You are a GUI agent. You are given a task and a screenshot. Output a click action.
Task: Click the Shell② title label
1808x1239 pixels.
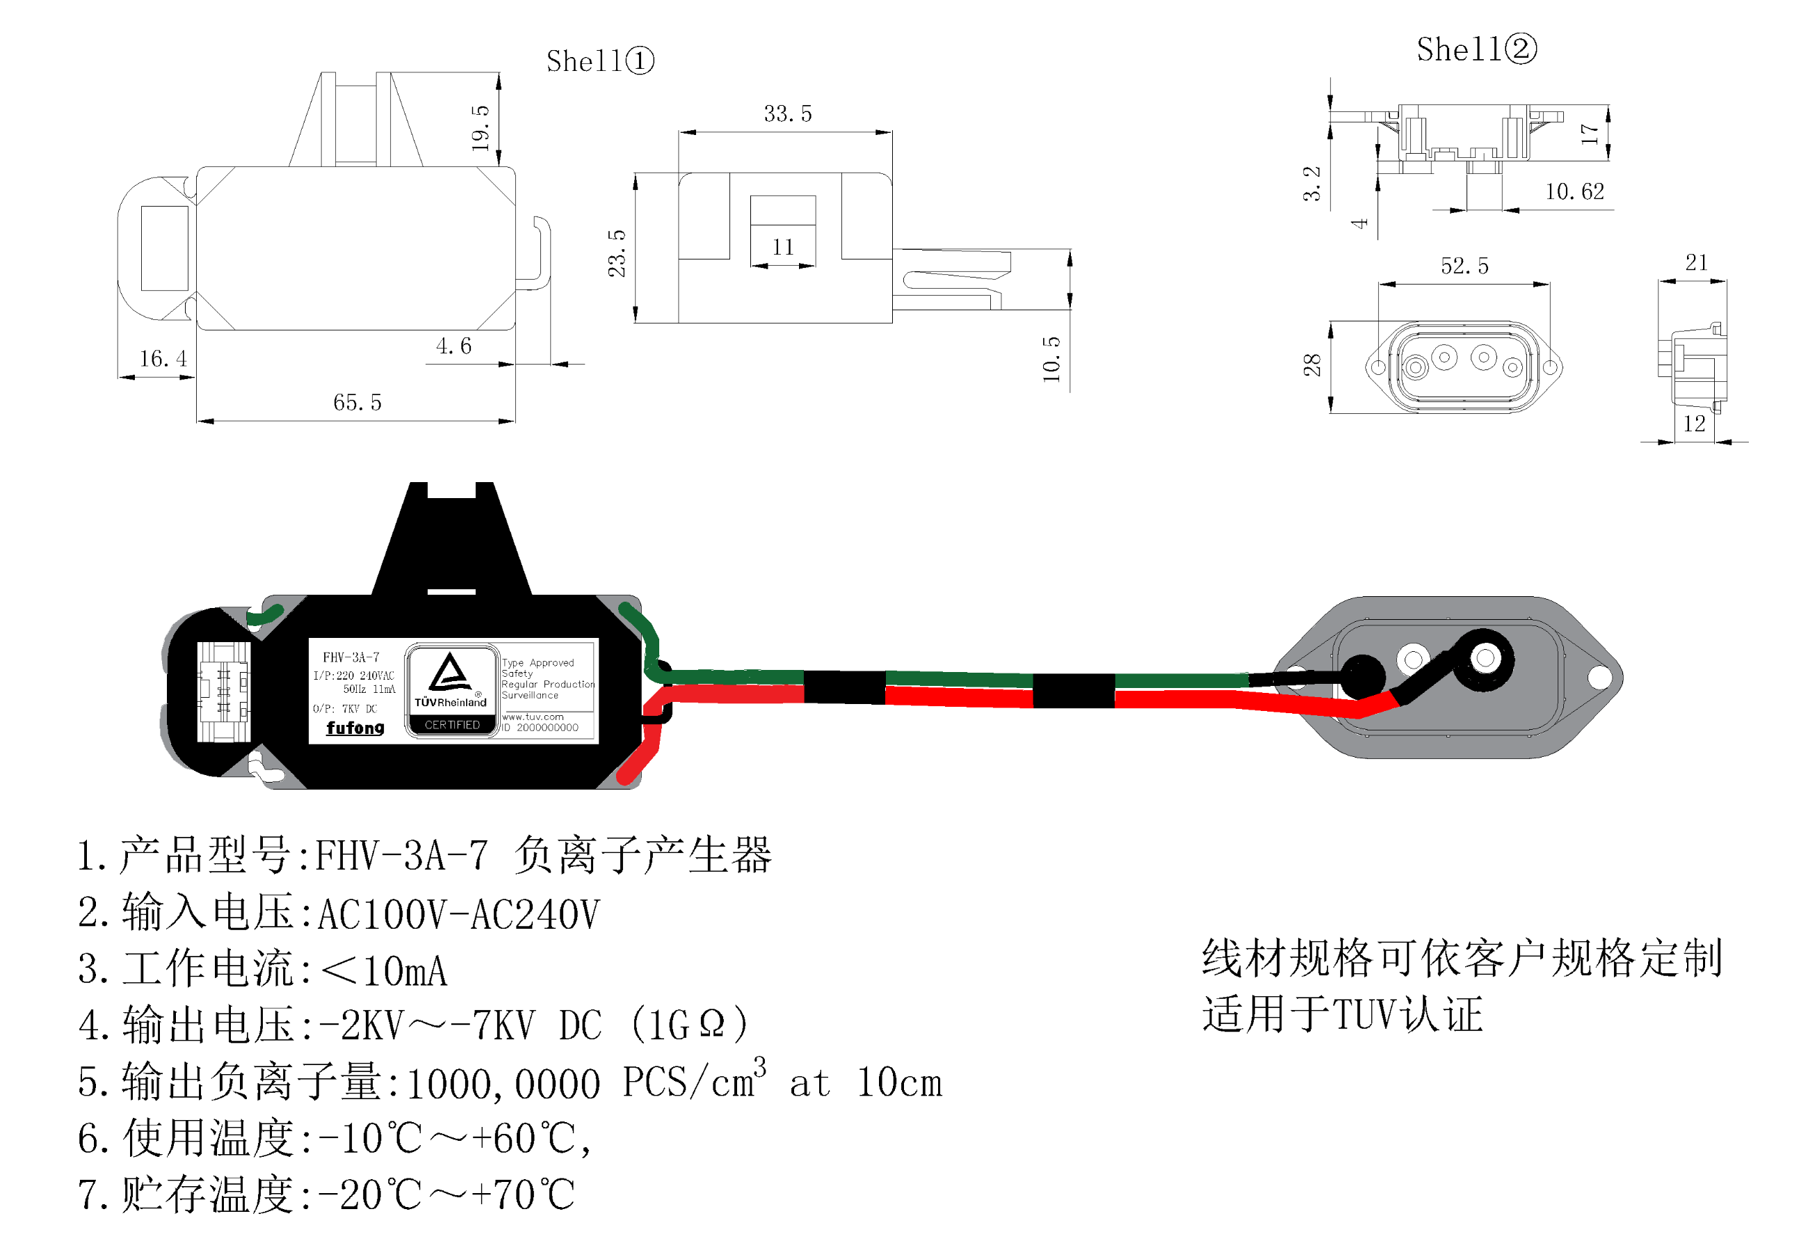coord(1475,49)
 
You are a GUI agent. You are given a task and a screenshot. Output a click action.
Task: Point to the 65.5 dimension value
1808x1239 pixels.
coord(357,401)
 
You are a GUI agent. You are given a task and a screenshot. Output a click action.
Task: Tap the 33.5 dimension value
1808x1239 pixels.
coord(787,113)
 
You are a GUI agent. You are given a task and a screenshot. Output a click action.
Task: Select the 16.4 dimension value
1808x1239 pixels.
coord(163,358)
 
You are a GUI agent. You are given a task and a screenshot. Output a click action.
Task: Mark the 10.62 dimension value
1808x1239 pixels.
coord(1574,191)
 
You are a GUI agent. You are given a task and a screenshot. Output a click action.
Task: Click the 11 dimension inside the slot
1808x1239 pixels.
coord(782,247)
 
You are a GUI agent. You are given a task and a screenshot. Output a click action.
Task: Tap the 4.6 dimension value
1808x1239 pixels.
coord(453,346)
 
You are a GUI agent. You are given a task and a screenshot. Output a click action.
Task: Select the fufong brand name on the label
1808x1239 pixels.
coord(355,727)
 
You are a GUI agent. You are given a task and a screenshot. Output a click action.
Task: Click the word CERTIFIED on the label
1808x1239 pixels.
coord(452,725)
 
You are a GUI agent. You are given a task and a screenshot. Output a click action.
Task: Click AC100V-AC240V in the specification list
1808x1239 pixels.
coord(459,913)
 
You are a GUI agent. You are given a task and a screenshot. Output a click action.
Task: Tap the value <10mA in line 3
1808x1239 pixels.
coord(385,970)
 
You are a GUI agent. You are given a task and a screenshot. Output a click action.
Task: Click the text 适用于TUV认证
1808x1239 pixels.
coord(1342,1014)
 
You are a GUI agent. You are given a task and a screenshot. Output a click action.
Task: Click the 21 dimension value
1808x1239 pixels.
coord(1696,262)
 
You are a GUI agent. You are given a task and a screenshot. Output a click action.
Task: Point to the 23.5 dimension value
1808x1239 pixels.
coord(617,253)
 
